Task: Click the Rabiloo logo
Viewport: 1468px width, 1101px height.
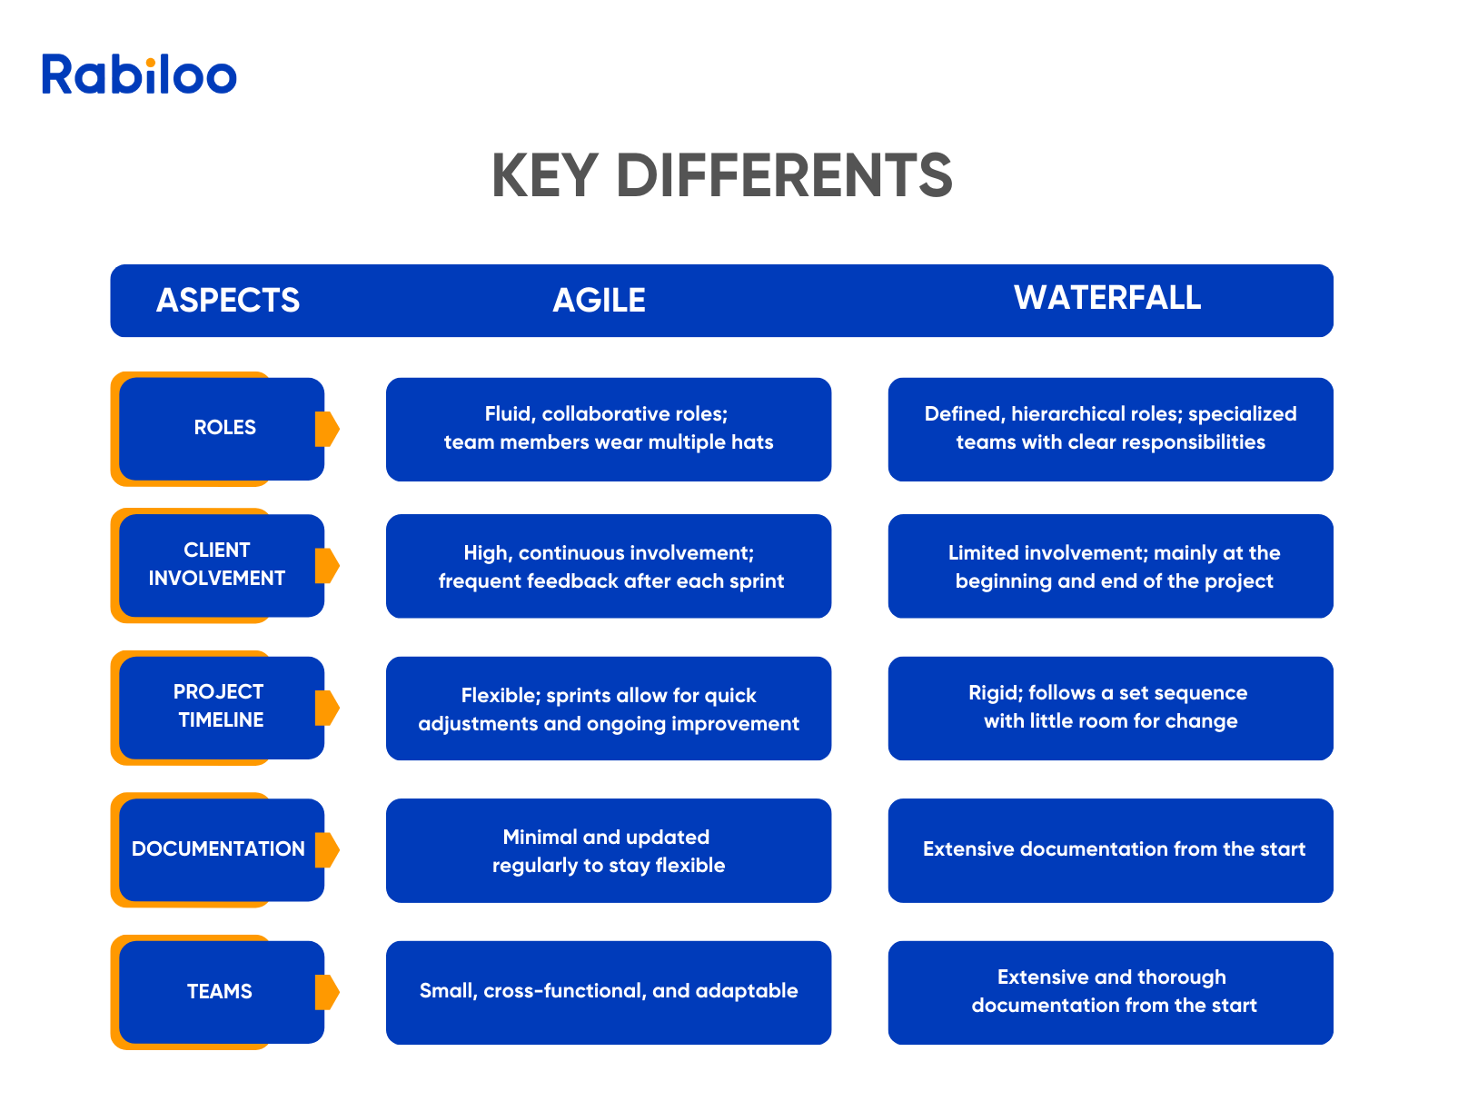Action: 139,74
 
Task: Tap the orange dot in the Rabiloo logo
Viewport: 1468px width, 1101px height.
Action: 151,62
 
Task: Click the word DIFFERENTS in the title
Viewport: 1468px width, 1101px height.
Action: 783,175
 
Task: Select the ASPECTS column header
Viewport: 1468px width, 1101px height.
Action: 227,299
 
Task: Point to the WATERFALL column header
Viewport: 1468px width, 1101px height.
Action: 1106,297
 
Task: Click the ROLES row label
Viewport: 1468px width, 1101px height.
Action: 224,426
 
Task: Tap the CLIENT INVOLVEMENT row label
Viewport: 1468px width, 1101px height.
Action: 216,563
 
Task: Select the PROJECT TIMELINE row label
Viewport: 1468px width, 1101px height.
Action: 219,705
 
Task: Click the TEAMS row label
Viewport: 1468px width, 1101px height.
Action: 219,990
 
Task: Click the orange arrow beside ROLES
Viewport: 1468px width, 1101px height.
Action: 327,428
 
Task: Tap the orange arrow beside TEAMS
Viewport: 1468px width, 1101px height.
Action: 327,991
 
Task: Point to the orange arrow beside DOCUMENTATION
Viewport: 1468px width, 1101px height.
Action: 327,849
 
